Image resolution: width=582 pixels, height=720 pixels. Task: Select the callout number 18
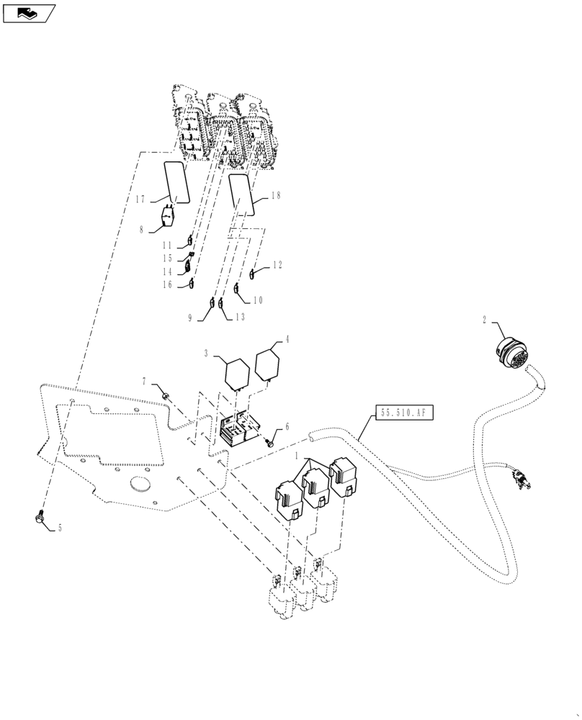(x=276, y=196)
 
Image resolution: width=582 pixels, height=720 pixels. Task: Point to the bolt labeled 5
(x=40, y=516)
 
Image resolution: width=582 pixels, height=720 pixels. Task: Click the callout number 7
(x=145, y=381)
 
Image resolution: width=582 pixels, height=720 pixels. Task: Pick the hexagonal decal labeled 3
(x=237, y=372)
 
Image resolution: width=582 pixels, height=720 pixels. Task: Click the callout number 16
(x=167, y=285)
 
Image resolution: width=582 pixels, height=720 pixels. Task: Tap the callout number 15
(x=167, y=258)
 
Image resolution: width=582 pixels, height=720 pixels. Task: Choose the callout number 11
(x=167, y=246)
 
